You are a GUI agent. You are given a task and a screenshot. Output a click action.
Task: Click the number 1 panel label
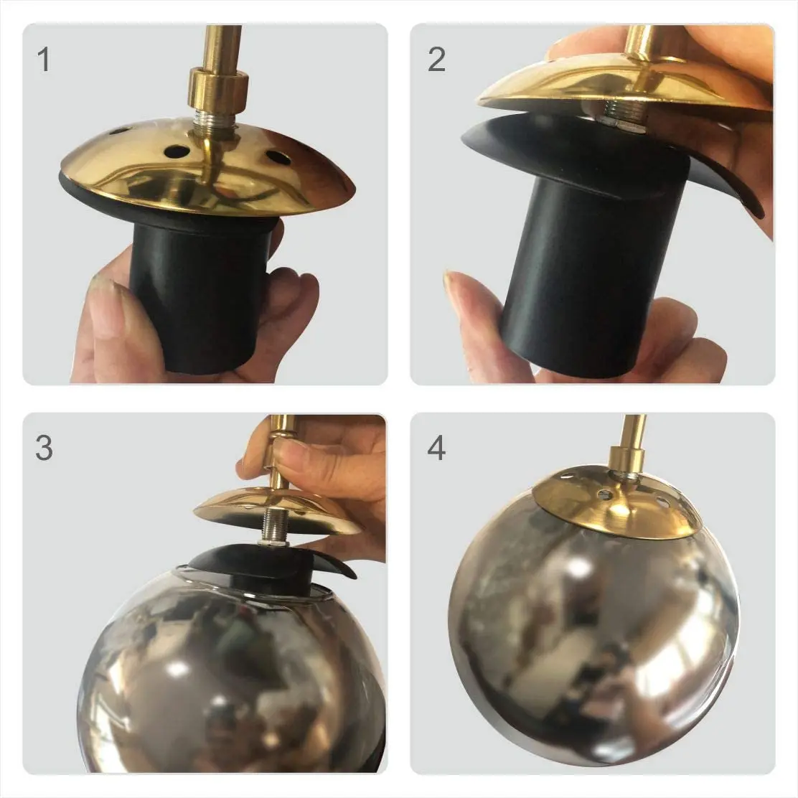tap(44, 59)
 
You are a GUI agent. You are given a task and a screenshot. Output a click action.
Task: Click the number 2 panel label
tap(436, 59)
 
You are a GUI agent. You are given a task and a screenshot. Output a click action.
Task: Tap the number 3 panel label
tap(44, 449)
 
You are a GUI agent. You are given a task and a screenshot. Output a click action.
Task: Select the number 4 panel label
tap(436, 449)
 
